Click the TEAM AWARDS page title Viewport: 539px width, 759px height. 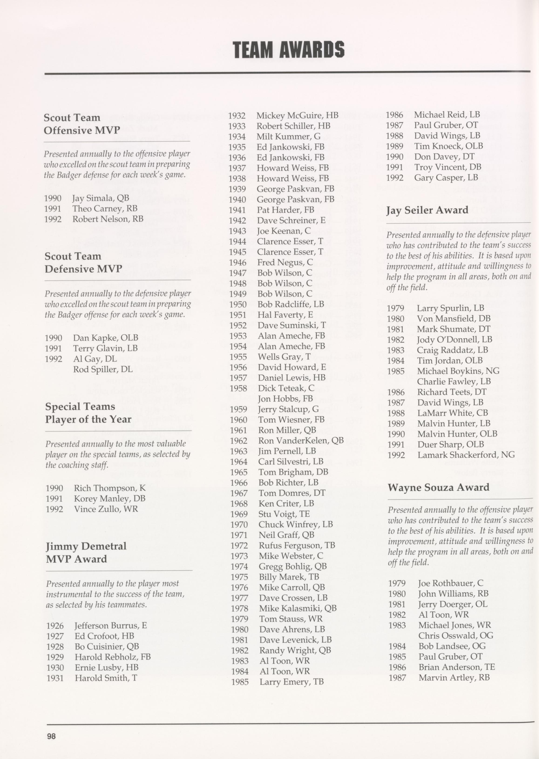(x=288, y=50)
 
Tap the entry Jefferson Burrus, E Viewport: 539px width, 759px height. (x=111, y=626)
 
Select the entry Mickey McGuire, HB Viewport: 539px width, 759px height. (x=297, y=115)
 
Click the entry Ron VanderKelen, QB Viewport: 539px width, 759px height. (x=301, y=441)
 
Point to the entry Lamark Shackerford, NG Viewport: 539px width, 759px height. (x=466, y=455)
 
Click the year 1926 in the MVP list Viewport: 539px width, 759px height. (x=55, y=626)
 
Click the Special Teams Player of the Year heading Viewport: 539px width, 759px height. (x=88, y=413)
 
